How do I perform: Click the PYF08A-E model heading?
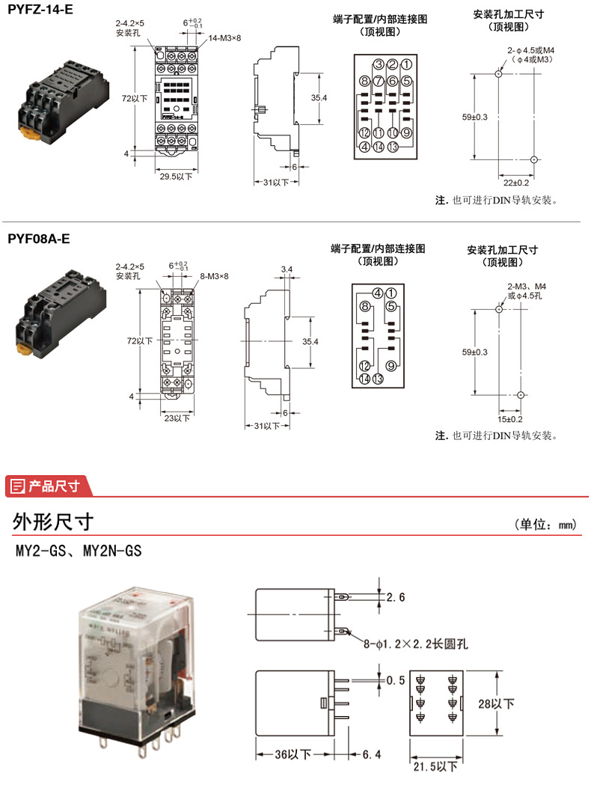pyautogui.click(x=39, y=239)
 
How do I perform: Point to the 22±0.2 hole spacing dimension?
pyautogui.click(x=515, y=183)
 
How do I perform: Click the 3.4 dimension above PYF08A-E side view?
pyautogui.click(x=287, y=269)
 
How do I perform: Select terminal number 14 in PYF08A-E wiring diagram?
pyautogui.click(x=365, y=379)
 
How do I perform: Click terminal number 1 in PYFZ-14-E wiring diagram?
pyautogui.click(x=405, y=64)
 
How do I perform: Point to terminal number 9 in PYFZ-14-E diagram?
pyautogui.click(x=407, y=133)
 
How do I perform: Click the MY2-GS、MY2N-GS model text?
pyautogui.click(x=79, y=552)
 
